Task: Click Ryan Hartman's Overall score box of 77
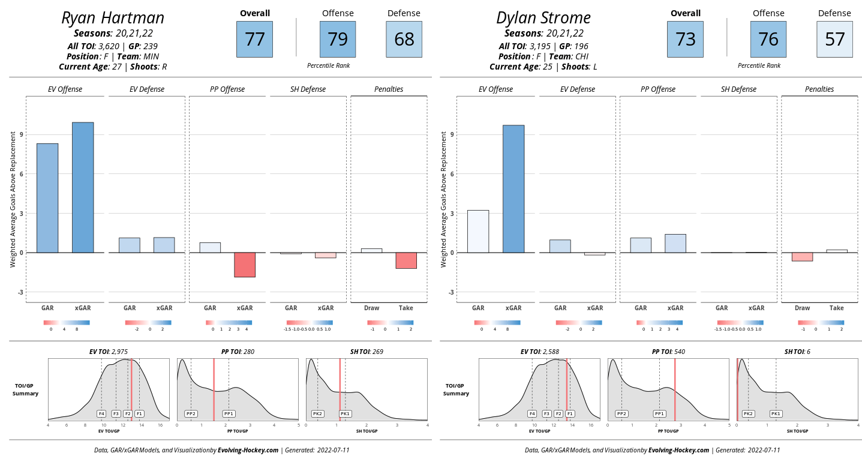pyautogui.click(x=254, y=40)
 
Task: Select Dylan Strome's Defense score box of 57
pyautogui.click(x=834, y=40)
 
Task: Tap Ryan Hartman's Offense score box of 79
pyautogui.click(x=337, y=40)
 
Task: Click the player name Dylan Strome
pyautogui.click(x=543, y=17)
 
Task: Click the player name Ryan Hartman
pyautogui.click(x=112, y=17)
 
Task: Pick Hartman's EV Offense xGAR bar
pyautogui.click(x=83, y=187)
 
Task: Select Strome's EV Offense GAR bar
pyautogui.click(x=478, y=231)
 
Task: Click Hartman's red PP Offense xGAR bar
pyautogui.click(x=245, y=265)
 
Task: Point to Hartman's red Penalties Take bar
pyautogui.click(x=406, y=260)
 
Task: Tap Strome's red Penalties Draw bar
pyautogui.click(x=802, y=257)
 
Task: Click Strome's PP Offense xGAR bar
pyautogui.click(x=675, y=243)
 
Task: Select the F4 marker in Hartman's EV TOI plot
pyautogui.click(x=101, y=413)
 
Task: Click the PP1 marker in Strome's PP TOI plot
pyautogui.click(x=659, y=413)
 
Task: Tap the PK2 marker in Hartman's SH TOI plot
pyautogui.click(x=317, y=413)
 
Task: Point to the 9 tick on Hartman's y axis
pyautogui.click(x=21, y=134)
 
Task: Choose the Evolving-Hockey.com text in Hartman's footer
pyautogui.click(x=248, y=450)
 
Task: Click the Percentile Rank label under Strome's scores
pyautogui.click(x=759, y=65)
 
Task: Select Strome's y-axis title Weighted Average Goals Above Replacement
pyautogui.click(x=444, y=199)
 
